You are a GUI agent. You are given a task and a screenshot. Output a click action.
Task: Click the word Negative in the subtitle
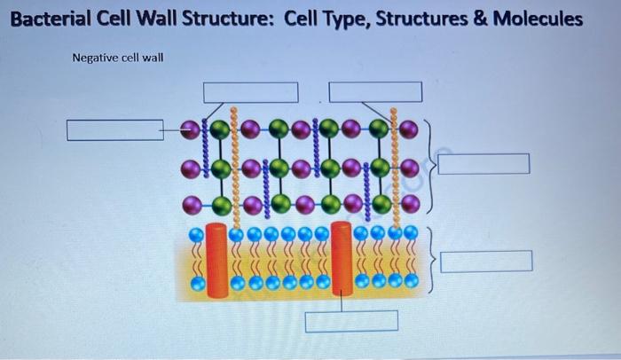[93, 59]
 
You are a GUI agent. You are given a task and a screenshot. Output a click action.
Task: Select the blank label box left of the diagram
[114, 131]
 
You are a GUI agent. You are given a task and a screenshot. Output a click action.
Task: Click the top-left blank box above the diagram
[250, 92]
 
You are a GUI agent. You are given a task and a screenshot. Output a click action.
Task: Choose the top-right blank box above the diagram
[375, 92]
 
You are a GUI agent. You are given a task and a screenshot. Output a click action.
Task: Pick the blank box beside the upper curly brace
[483, 165]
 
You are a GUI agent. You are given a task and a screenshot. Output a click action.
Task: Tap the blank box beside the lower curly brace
[487, 262]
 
